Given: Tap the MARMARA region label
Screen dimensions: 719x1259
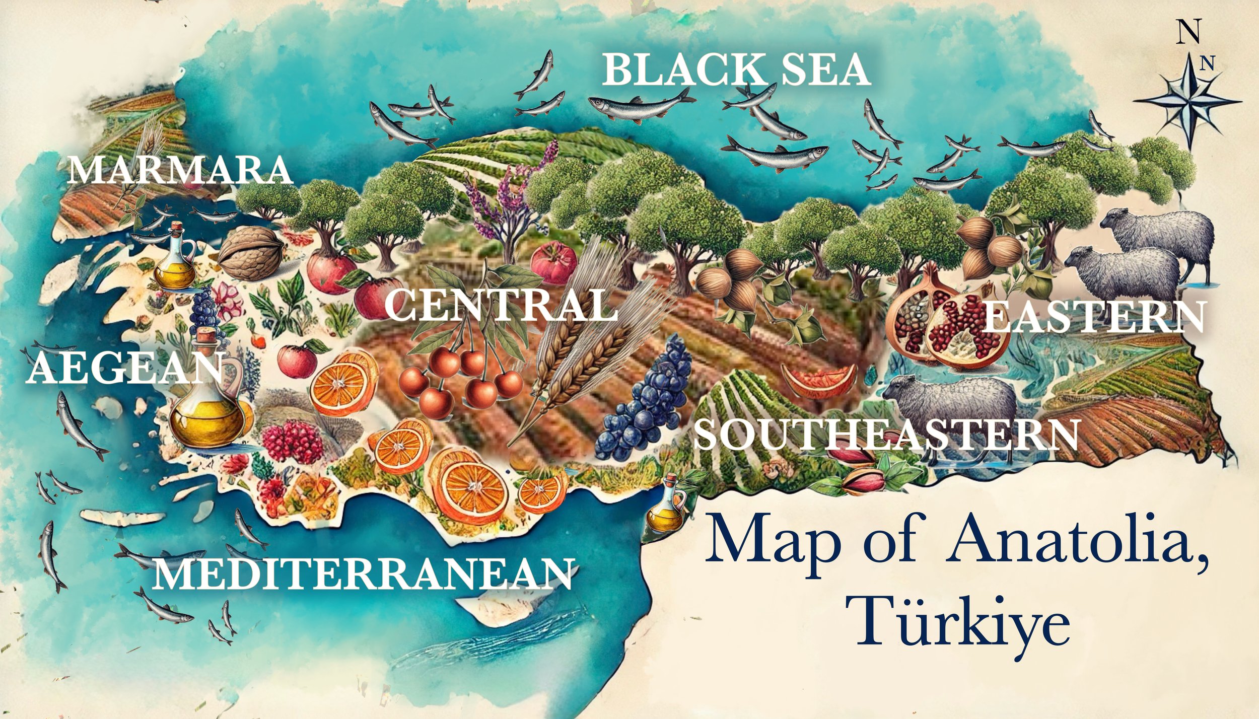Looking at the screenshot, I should [x=180, y=170].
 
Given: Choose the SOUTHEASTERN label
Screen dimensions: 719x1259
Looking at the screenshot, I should [x=886, y=434].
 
